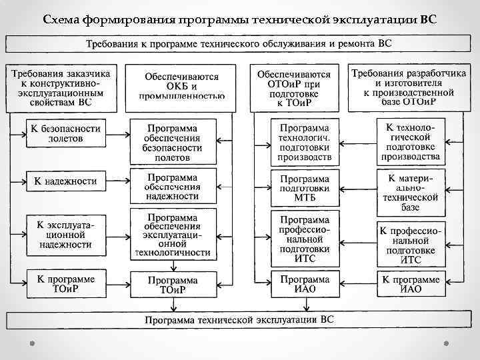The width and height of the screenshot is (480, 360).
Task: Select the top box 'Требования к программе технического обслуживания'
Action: [x=239, y=44]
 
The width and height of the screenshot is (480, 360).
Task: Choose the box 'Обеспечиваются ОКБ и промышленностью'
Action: [x=181, y=86]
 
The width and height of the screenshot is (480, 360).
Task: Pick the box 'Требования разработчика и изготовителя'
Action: [x=410, y=86]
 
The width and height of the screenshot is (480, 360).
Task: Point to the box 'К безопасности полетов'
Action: [x=65, y=133]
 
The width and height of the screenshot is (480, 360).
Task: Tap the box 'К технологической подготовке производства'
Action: [x=410, y=141]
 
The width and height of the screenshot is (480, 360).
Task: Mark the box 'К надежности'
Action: [x=65, y=181]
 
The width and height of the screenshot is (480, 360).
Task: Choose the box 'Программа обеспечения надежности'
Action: [x=173, y=187]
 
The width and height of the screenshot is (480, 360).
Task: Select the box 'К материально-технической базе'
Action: [x=410, y=192]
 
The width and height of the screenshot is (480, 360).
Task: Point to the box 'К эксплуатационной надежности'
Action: [x=65, y=234]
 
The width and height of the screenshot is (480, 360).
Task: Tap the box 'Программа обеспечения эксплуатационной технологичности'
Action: [x=173, y=235]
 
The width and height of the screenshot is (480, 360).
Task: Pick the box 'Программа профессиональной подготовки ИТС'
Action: [x=304, y=234]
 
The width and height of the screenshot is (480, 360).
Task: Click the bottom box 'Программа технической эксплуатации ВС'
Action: [x=239, y=319]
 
